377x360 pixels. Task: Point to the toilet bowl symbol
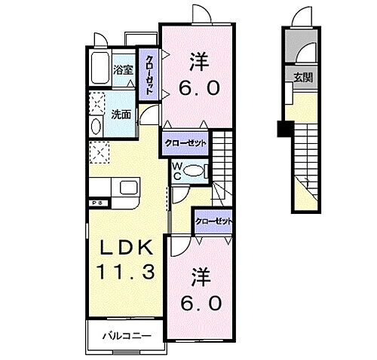point(194,171)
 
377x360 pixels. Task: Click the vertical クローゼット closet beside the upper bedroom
point(149,73)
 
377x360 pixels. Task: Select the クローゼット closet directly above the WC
point(184,142)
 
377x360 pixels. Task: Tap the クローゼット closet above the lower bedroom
point(213,221)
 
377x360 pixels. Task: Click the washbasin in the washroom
point(95,127)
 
